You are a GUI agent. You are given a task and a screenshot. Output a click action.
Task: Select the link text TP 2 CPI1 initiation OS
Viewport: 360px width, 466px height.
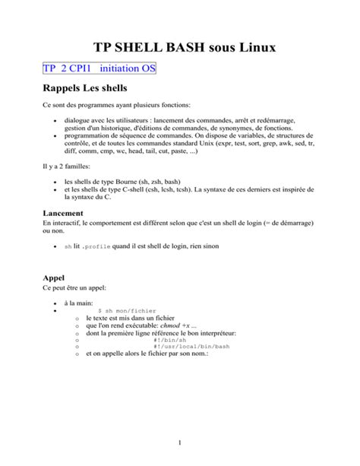pyautogui.click(x=99, y=68)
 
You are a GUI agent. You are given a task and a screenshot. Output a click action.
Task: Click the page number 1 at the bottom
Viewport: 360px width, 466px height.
pyautogui.click(x=180, y=442)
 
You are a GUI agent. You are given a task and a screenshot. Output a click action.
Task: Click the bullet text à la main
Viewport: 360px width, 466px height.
pyautogui.click(x=80, y=303)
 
